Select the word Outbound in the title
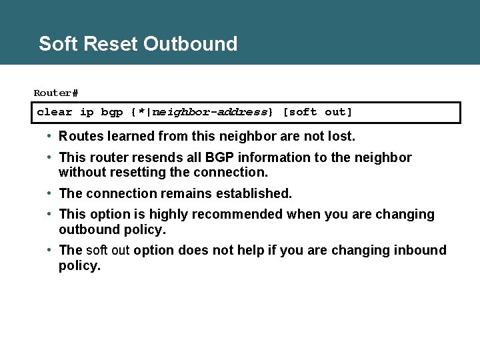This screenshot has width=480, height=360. (x=190, y=44)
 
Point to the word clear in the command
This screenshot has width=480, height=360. (x=55, y=112)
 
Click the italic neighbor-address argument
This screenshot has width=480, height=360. (x=210, y=112)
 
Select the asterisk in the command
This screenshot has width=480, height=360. (x=141, y=111)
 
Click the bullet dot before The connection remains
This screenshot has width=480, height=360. (x=50, y=193)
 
